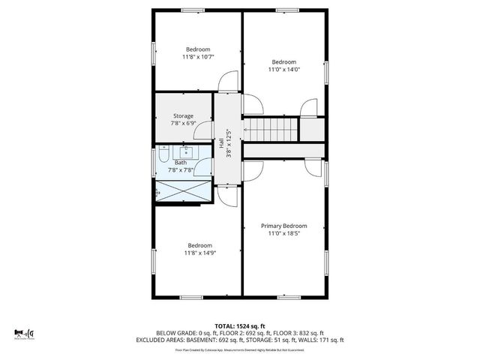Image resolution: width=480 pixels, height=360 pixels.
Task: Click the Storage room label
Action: click(x=184, y=115)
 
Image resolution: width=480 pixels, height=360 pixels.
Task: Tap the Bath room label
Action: click(x=181, y=162)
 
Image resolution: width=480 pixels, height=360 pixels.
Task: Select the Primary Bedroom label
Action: click(x=284, y=226)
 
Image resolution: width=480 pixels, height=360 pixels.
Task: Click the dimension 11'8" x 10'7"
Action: click(x=199, y=57)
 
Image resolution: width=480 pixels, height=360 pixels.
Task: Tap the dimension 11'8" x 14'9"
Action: click(x=199, y=253)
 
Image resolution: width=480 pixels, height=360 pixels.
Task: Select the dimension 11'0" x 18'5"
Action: click(x=284, y=233)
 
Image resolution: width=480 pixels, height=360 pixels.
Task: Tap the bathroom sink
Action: click(x=185, y=152)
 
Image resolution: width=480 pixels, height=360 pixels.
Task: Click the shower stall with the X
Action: click(x=184, y=192)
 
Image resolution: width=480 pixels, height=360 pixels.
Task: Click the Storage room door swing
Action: click(x=202, y=133)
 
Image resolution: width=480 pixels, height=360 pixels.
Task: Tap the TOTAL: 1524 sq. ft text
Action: click(x=240, y=325)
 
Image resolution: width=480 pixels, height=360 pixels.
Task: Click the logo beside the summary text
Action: click(x=25, y=333)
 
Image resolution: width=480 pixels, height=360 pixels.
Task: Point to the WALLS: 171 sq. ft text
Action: click(x=324, y=340)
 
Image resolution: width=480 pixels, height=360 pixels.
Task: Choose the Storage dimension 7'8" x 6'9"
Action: click(x=184, y=123)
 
